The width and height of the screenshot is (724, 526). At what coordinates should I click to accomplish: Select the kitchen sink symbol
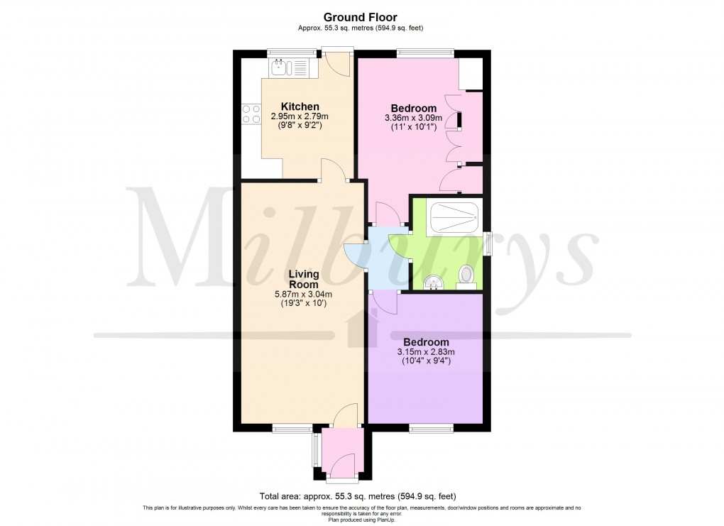pos(280,68)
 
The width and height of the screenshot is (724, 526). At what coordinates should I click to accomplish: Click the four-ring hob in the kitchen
pos(251,114)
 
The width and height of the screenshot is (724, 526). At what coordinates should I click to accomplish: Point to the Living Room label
pos(303,278)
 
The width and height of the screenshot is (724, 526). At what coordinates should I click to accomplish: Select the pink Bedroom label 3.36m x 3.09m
pos(413,109)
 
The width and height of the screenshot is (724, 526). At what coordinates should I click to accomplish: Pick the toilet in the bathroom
pos(466,273)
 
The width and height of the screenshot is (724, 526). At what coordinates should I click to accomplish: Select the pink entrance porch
pos(342,454)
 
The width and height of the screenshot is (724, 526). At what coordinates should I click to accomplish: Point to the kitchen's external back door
pos(337,64)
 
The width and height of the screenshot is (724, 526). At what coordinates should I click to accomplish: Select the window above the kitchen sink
pos(292,50)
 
